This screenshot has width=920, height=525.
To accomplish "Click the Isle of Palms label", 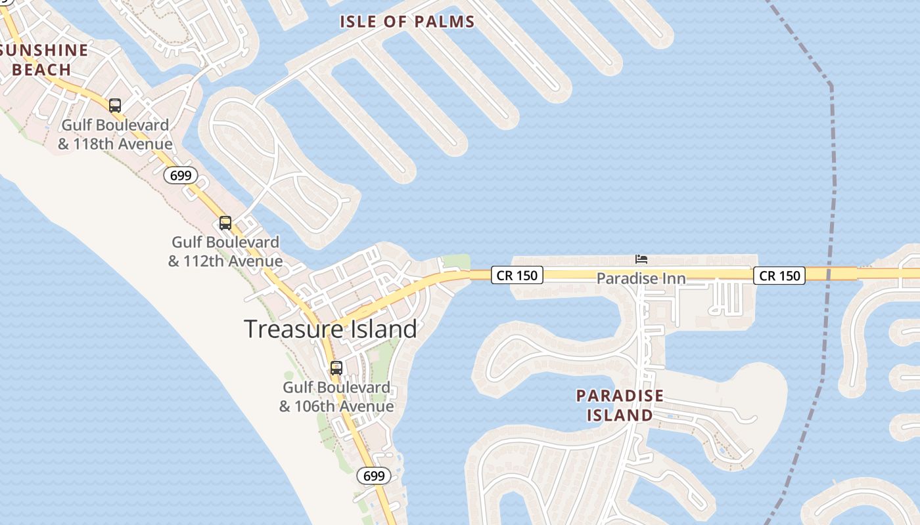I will click(x=407, y=22).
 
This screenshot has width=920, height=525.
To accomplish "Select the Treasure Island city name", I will click(x=331, y=329).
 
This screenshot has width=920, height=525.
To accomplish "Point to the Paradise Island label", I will click(x=620, y=406).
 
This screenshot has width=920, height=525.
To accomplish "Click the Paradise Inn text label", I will click(x=641, y=279).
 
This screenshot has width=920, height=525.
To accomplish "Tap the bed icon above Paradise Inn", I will click(x=641, y=260).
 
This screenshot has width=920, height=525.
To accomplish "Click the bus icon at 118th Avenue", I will click(x=115, y=105).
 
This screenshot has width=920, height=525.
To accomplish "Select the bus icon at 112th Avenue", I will click(x=225, y=223).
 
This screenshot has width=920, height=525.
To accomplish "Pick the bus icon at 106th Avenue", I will click(x=336, y=368).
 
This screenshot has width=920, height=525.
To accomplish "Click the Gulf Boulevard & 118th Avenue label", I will click(x=115, y=135).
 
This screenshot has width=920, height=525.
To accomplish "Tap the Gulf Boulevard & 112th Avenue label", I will click(x=225, y=251).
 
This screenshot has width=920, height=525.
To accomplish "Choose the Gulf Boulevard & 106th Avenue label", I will click(x=336, y=397).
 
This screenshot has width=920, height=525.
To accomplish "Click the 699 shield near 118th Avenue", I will click(x=180, y=175).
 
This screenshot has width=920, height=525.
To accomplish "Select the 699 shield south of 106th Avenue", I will click(x=374, y=476).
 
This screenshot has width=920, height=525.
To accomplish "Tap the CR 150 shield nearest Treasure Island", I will click(x=517, y=276).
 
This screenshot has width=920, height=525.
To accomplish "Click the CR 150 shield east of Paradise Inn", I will click(x=780, y=276).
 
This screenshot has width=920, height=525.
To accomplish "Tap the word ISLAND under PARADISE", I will click(x=620, y=415).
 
